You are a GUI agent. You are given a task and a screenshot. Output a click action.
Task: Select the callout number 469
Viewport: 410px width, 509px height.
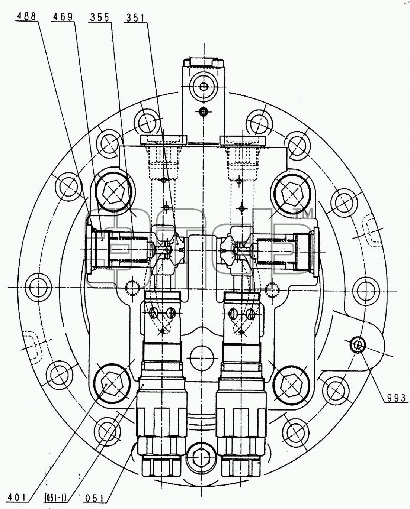(63, 17)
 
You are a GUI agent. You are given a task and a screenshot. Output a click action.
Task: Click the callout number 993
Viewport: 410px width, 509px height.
(397, 398)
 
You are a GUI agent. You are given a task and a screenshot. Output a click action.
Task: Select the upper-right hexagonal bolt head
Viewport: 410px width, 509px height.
(293, 194)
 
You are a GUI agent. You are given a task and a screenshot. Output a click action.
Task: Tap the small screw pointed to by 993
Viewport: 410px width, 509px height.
(358, 345)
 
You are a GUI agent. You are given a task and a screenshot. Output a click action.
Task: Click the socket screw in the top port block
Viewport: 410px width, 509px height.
(203, 87)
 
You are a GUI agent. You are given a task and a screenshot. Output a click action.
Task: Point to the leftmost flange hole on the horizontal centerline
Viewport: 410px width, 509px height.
(38, 287)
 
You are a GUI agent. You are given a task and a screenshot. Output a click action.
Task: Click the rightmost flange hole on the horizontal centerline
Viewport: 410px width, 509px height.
(365, 291)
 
